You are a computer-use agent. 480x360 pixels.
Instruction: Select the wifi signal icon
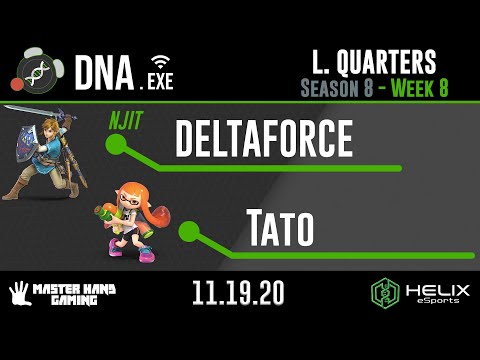coord(159,59)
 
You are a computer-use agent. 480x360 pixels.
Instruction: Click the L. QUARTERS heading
coord(372,62)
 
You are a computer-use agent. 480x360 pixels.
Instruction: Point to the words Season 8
coord(337,87)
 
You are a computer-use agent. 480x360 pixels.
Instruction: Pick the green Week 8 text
coord(415,87)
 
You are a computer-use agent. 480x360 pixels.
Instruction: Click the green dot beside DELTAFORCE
coord(117,146)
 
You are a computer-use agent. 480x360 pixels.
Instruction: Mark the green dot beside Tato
coord(187,232)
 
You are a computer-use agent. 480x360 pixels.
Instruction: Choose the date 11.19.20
coord(240,294)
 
